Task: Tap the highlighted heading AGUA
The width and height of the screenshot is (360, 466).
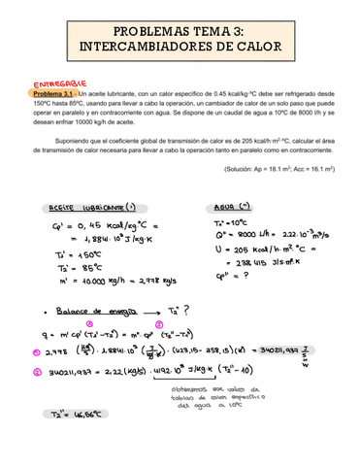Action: coord(230,207)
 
